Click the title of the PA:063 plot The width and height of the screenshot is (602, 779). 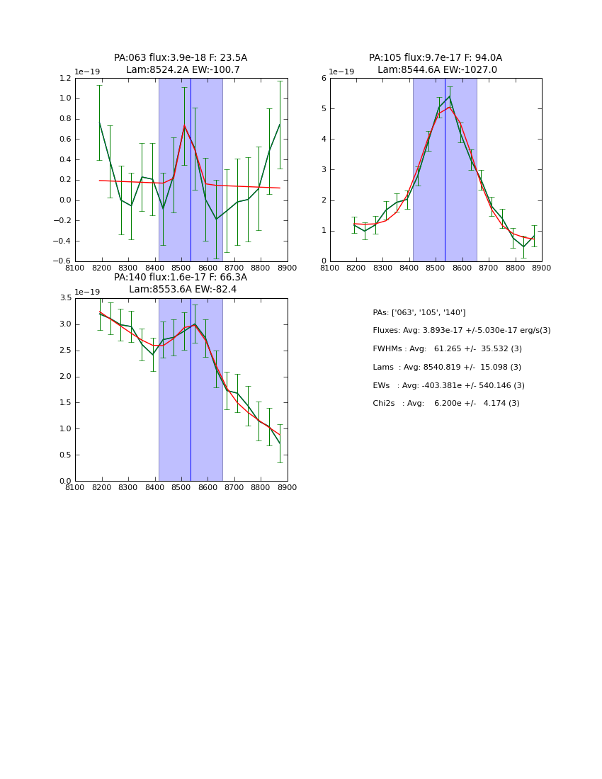[181, 64]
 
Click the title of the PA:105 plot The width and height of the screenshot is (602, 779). [436, 64]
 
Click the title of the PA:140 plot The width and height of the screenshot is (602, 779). [181, 283]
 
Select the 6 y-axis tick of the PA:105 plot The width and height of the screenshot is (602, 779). [323, 78]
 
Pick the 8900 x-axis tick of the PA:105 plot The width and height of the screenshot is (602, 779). [542, 268]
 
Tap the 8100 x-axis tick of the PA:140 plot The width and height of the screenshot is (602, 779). [75, 487]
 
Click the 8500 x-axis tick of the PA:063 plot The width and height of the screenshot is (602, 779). [181, 268]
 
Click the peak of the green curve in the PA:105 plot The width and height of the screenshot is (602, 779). [449, 96]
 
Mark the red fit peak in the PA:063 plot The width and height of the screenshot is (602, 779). [184, 126]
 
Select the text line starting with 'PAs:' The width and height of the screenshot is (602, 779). [419, 312]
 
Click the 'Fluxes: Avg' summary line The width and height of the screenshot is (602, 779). [461, 331]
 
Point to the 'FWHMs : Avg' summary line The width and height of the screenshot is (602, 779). [447, 348]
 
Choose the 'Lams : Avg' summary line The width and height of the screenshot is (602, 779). [447, 367]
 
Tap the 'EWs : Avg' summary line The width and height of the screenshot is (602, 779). [448, 385]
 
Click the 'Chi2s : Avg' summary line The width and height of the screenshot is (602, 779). [446, 404]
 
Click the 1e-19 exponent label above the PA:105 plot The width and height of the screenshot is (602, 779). [342, 72]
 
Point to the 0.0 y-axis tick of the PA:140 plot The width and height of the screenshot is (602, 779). [66, 481]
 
